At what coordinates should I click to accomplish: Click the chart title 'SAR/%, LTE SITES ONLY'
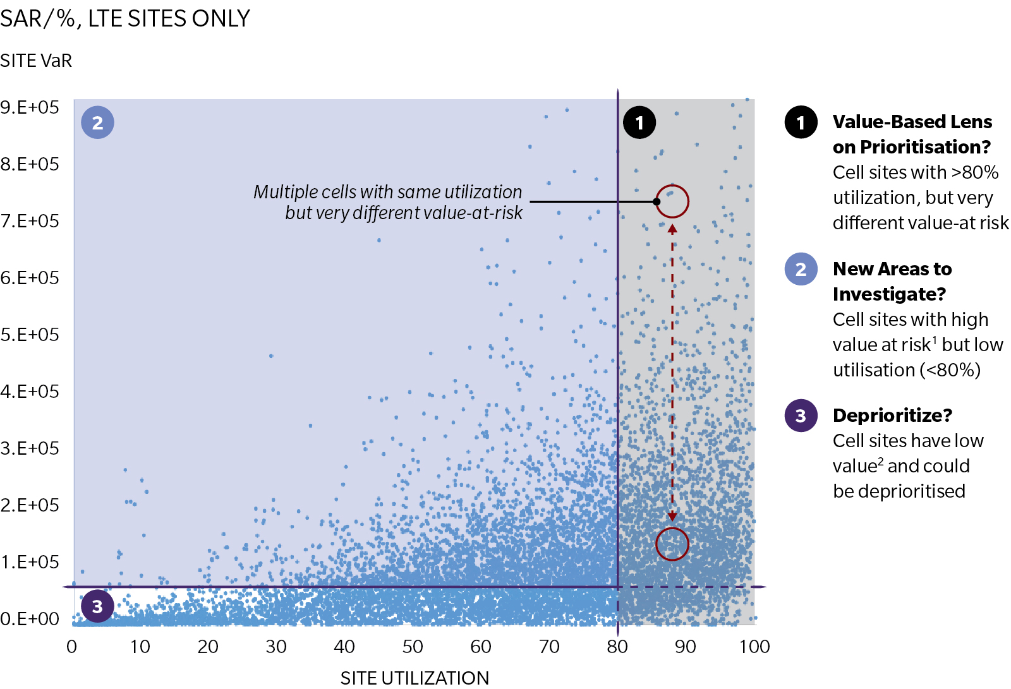125,19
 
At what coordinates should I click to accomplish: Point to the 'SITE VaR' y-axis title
36,61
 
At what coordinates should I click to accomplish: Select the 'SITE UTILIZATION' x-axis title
415,678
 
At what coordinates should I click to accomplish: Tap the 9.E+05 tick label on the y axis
30,107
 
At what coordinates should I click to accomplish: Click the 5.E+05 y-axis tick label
30,335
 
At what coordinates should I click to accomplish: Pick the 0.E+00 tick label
30,619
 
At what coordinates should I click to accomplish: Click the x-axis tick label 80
617,647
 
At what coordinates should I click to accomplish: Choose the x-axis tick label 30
276,647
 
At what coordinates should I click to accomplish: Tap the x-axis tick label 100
754,647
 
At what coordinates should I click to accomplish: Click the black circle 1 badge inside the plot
639,123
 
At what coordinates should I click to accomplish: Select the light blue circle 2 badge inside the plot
97,123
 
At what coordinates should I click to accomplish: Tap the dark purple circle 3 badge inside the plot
97,606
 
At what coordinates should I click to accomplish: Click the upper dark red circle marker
672,201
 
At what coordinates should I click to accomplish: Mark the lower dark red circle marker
672,544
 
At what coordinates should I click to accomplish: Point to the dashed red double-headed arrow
672,373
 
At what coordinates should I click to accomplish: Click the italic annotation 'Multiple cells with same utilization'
387,192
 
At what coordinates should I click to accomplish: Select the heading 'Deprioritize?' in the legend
892,416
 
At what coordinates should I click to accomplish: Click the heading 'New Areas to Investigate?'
892,282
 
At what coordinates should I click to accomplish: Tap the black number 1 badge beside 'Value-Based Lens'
801,123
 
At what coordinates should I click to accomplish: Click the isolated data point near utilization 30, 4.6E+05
271,356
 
